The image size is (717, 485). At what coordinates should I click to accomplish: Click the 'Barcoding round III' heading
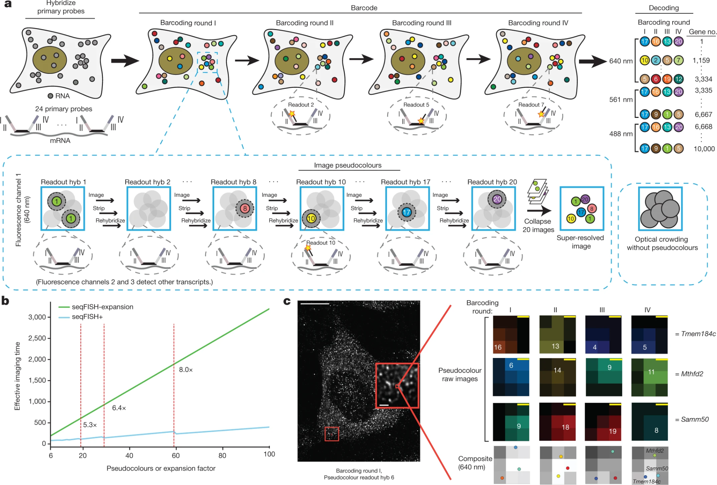[x=422, y=23]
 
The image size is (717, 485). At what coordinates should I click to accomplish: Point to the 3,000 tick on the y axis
[x=37, y=317]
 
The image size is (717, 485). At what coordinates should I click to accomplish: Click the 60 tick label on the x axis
[x=175, y=455]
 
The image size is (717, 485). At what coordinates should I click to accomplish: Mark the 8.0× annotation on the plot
[x=186, y=370]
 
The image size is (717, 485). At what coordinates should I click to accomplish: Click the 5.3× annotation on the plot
[x=90, y=425]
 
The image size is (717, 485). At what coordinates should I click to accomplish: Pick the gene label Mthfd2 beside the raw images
[x=692, y=374]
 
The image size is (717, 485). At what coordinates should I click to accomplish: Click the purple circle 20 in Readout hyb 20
[x=497, y=199]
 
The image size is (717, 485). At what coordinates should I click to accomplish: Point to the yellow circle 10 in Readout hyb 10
[x=311, y=219]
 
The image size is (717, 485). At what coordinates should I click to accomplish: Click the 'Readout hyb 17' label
[x=405, y=182]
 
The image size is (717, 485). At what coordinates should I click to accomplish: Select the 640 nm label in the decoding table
[x=621, y=61]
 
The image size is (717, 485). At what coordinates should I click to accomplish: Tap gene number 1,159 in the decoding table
[x=701, y=61]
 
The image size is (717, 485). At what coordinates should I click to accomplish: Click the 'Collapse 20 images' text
[x=538, y=226]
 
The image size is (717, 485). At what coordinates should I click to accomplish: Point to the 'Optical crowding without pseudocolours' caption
[x=662, y=244]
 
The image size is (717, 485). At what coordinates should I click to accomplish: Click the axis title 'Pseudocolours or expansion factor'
[x=161, y=468]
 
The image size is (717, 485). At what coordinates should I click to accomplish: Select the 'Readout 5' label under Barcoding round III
[x=416, y=105]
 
